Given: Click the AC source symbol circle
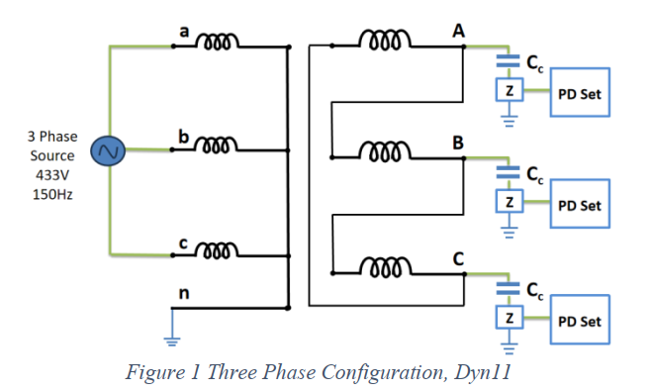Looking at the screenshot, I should pyautogui.click(x=106, y=152).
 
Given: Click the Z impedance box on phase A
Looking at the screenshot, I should pyautogui.click(x=509, y=91).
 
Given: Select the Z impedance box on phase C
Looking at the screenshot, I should pyautogui.click(x=509, y=318).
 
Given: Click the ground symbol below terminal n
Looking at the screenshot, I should pyautogui.click(x=172, y=342).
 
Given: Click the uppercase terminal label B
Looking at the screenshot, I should pyautogui.click(x=457, y=144).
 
